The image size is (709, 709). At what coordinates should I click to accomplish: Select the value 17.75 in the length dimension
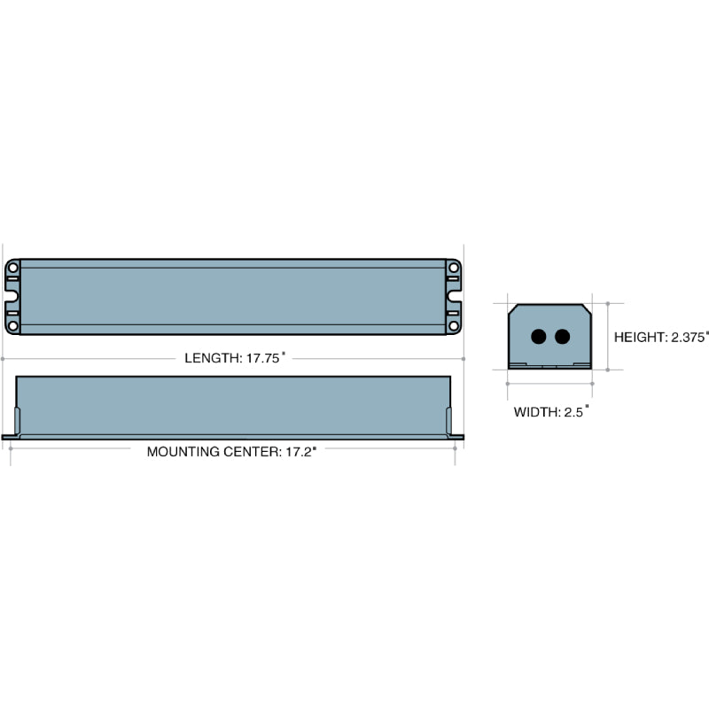coord(263,359)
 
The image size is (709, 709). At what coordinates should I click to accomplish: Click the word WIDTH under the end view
coord(534,412)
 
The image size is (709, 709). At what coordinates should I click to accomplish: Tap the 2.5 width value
coord(575,412)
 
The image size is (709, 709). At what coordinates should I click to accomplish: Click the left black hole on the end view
coord(538,337)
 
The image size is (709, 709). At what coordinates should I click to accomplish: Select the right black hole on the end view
coord(561,337)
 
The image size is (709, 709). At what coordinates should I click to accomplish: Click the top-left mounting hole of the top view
coord(12,268)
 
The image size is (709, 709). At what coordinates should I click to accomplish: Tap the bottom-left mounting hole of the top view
coord(12,325)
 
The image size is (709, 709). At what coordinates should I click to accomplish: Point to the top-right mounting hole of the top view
coord(454,268)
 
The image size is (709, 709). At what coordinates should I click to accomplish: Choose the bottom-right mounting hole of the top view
coord(454,325)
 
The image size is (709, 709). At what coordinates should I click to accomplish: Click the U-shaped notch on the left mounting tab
coord(11,297)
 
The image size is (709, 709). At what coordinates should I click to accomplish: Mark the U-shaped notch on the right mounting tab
coord(456,297)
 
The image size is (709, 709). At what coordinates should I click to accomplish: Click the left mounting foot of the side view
coord(10,436)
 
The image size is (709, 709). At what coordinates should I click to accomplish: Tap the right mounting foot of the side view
coord(457,436)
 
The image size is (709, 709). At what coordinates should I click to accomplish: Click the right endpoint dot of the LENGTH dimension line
coord(463,359)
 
